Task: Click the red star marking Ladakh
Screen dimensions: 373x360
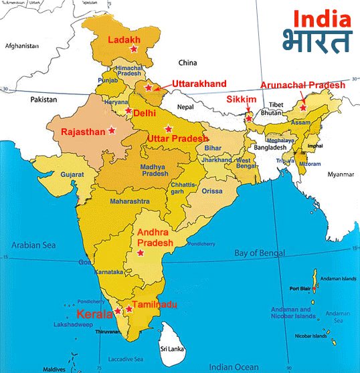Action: coord(133,49)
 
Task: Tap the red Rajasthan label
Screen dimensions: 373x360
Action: coord(83,132)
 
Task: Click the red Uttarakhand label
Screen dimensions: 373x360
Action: coord(199,84)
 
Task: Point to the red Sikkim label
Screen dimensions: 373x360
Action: coord(242,99)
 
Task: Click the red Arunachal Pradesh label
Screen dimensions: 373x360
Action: coord(302,85)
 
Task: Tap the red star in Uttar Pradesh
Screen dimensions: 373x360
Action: coord(169,128)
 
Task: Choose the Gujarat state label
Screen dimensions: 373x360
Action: coord(72,174)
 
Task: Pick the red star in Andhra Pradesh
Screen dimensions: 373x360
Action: coord(141,253)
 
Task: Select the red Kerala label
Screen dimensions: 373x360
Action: coord(94,314)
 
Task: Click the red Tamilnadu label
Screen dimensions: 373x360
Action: coord(155,305)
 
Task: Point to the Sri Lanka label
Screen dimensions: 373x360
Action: coord(171,349)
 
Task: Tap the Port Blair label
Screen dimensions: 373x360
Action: coord(298,289)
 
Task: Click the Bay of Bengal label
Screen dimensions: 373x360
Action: coord(259,253)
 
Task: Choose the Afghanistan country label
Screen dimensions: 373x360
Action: coord(23,47)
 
